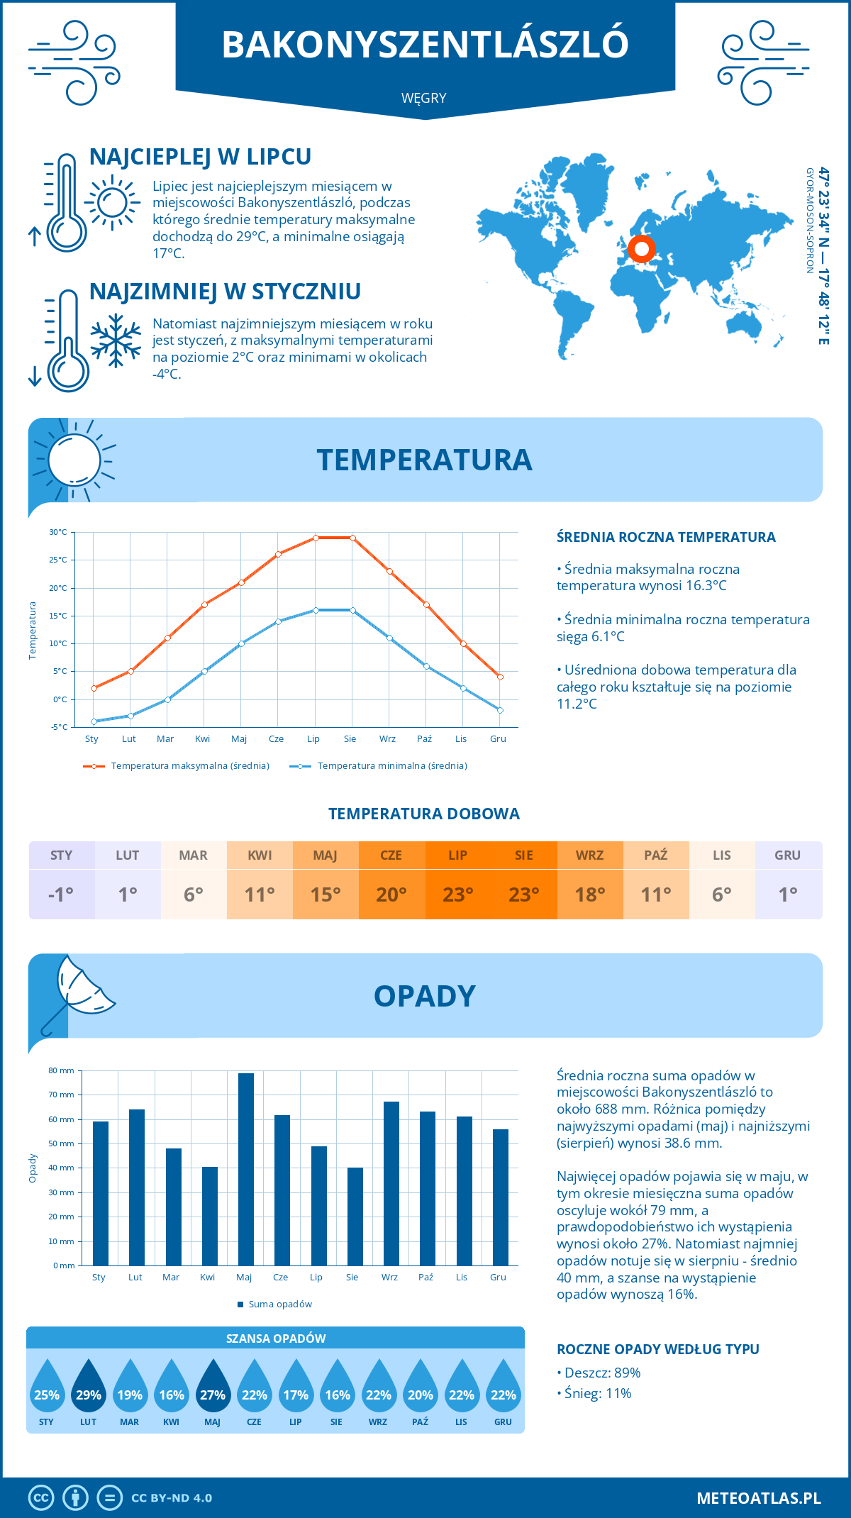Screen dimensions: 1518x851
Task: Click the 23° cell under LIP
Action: [x=457, y=894]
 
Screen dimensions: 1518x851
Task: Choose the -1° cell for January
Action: [x=61, y=894]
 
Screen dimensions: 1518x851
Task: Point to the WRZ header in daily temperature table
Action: [x=589, y=855]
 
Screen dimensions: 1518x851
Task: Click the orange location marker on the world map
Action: [x=642, y=249]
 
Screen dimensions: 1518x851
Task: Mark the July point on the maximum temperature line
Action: [x=316, y=538]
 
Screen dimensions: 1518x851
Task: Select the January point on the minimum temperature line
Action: [x=94, y=721]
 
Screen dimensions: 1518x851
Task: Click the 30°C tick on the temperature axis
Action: [x=58, y=532]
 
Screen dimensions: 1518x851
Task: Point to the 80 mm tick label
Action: [x=61, y=1070]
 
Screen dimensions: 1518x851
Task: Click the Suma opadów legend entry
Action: [x=279, y=1304]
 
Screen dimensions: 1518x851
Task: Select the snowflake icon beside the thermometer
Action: [x=116, y=340]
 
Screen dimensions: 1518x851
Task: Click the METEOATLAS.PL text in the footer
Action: [x=758, y=1498]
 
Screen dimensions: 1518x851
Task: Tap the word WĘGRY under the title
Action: [x=424, y=99]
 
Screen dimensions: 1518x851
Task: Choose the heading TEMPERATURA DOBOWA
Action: [x=424, y=814]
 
